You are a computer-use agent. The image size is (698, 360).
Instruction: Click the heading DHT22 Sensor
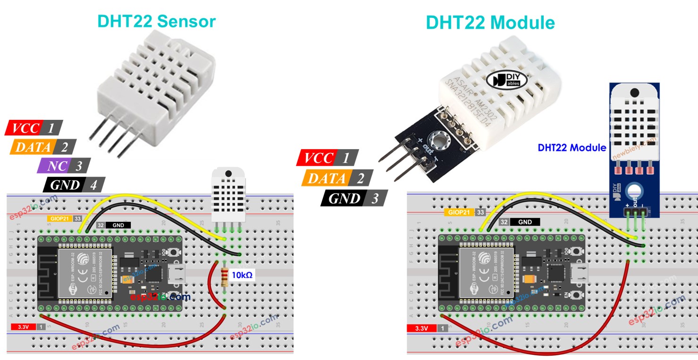click(x=156, y=21)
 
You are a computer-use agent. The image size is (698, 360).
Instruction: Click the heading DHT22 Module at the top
click(x=490, y=22)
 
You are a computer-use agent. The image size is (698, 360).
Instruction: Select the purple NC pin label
click(x=63, y=166)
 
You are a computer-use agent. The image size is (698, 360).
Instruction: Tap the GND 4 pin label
click(x=74, y=185)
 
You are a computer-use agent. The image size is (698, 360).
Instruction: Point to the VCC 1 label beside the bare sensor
click(x=34, y=128)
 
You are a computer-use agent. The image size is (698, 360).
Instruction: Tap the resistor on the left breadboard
click(x=224, y=277)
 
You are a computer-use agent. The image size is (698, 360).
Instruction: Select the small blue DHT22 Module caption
click(x=572, y=148)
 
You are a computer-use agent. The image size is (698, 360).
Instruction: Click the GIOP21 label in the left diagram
click(x=59, y=218)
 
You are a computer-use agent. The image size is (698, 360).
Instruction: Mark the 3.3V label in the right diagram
click(x=421, y=328)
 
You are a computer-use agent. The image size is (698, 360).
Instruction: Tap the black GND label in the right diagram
click(x=524, y=222)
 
